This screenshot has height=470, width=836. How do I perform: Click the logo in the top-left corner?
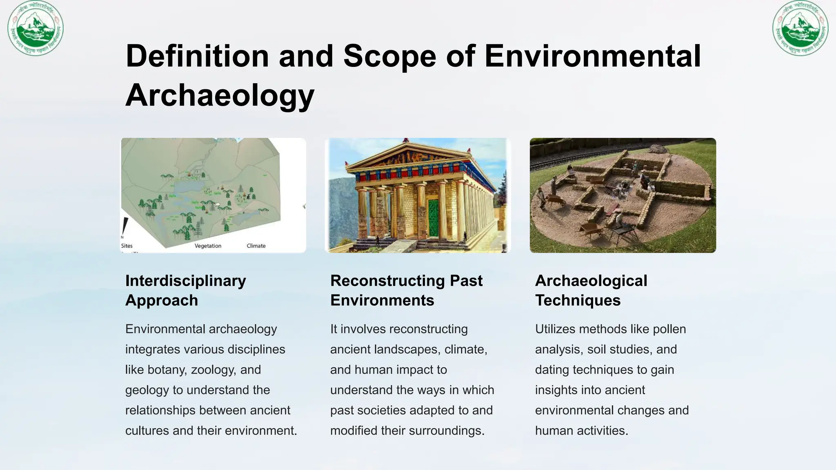point(36,28)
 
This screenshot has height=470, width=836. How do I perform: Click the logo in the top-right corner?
point(800,28)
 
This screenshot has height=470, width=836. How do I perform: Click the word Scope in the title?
point(390,56)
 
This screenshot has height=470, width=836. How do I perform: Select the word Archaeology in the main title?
point(220,95)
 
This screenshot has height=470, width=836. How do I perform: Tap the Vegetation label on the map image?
point(208,246)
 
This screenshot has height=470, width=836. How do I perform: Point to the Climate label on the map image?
point(256,246)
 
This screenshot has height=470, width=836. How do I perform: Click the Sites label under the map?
point(127,246)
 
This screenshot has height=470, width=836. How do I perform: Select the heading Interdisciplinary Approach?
point(186,290)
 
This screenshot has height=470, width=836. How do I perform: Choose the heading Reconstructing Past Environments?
point(406,290)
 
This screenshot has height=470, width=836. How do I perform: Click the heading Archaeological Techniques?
point(591,290)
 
